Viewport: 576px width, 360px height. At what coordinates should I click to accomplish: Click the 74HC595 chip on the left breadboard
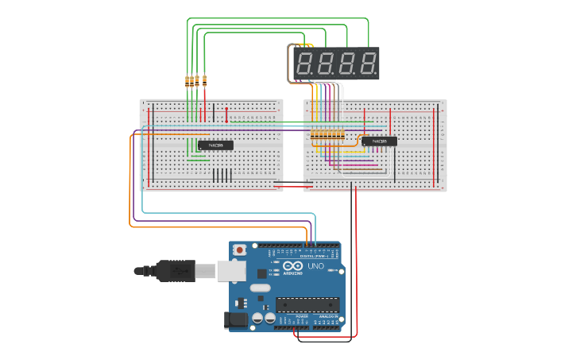pyautogui.click(x=215, y=145)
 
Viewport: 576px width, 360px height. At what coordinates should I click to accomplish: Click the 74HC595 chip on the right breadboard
pyautogui.click(x=379, y=141)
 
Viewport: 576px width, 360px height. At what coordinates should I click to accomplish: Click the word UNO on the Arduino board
pyautogui.click(x=316, y=266)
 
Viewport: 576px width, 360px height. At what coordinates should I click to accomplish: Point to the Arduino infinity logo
pyautogui.click(x=292, y=267)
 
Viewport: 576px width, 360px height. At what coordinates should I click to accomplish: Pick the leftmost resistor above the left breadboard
pyautogui.click(x=187, y=80)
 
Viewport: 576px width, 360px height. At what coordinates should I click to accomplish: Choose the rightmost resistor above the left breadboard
pyautogui.click(x=205, y=80)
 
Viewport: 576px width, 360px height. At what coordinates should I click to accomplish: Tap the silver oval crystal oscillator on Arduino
pyautogui.click(x=260, y=287)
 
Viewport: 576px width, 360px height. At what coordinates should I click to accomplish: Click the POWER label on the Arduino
pyautogui.click(x=302, y=315)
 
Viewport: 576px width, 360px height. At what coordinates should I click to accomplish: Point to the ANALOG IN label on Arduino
pyautogui.click(x=327, y=315)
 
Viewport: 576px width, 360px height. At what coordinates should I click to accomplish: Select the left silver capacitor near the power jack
pyautogui.click(x=258, y=318)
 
